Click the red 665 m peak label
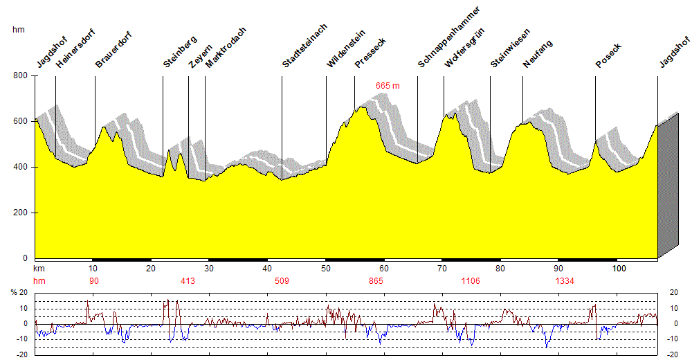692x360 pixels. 388,85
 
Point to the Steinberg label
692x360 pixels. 181,51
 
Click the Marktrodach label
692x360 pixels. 226,47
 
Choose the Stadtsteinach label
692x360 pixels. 304,46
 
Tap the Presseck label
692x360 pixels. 370,53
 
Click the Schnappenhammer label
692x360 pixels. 448,37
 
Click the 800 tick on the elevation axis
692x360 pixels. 20,75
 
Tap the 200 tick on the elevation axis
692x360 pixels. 20,213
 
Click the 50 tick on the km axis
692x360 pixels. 325,268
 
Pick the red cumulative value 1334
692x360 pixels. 565,281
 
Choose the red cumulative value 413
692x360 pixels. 188,281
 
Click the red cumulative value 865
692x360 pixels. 376,281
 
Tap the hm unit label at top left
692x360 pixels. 19,30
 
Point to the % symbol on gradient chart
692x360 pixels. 13,293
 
